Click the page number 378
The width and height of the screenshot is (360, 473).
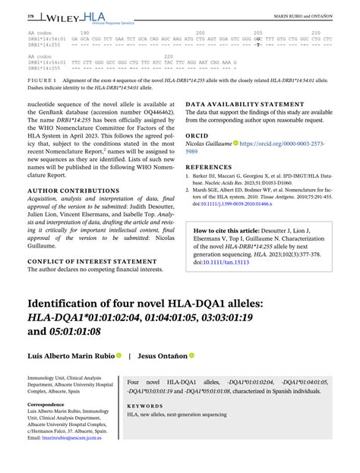click(x=9, y=15)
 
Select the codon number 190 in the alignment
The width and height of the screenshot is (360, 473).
click(x=84, y=33)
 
